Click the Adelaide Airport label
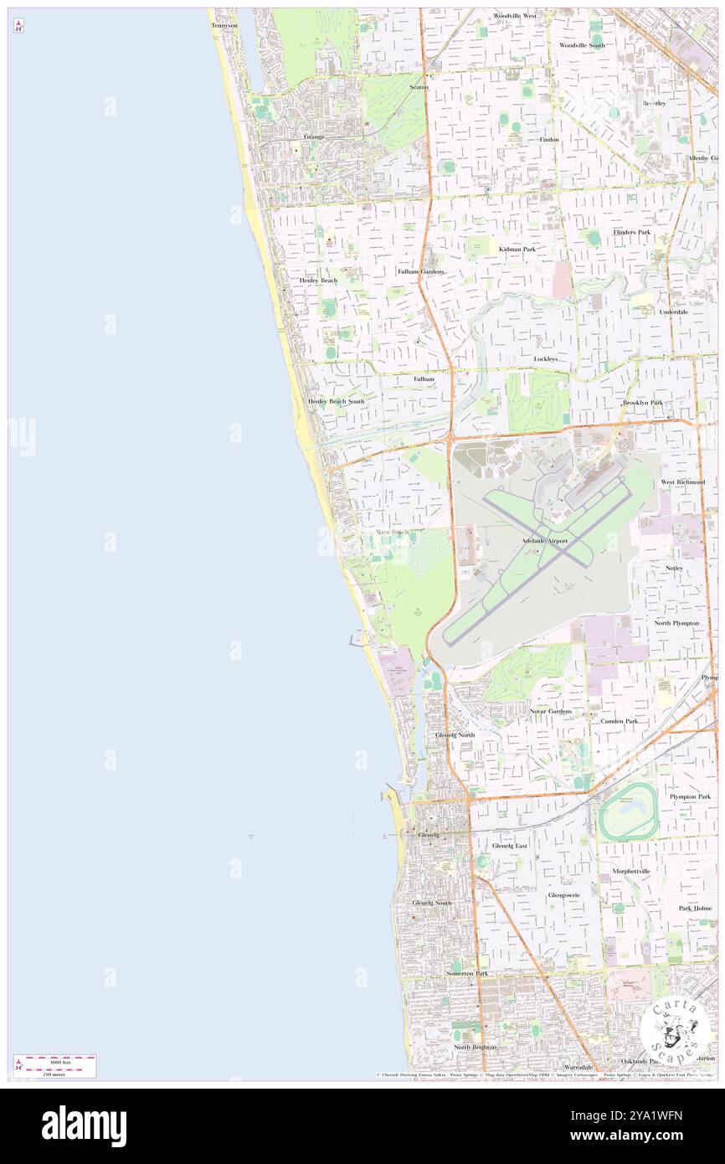(x=544, y=541)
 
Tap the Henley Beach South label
(x=336, y=401)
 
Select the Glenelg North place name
(x=455, y=734)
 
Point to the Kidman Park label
(x=517, y=249)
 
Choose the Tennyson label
(x=224, y=25)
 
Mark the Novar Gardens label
(x=550, y=711)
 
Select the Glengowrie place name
(x=563, y=894)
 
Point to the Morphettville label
(x=631, y=871)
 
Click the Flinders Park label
(x=631, y=231)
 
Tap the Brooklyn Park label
(x=642, y=403)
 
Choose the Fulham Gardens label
(x=420, y=271)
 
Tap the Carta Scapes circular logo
(x=675, y=1028)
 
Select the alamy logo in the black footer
(x=84, y=1125)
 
